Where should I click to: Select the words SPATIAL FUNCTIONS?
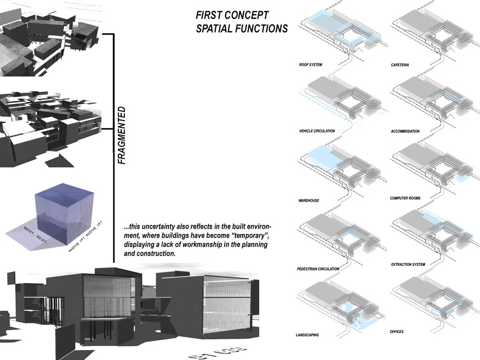tap(242, 29)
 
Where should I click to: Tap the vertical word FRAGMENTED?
tap(121, 135)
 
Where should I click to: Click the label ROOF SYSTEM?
tap(310, 65)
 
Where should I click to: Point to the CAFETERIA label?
tap(400, 65)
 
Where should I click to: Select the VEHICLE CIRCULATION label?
tap(317, 131)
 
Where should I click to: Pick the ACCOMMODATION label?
tap(405, 131)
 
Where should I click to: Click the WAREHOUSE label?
tap(309, 200)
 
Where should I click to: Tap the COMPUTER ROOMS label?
tap(405, 198)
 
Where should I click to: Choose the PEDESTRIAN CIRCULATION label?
tap(318, 269)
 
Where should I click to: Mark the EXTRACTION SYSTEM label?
tap(408, 264)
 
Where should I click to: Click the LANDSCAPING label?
tap(307, 335)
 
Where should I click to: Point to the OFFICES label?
tap(397, 332)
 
